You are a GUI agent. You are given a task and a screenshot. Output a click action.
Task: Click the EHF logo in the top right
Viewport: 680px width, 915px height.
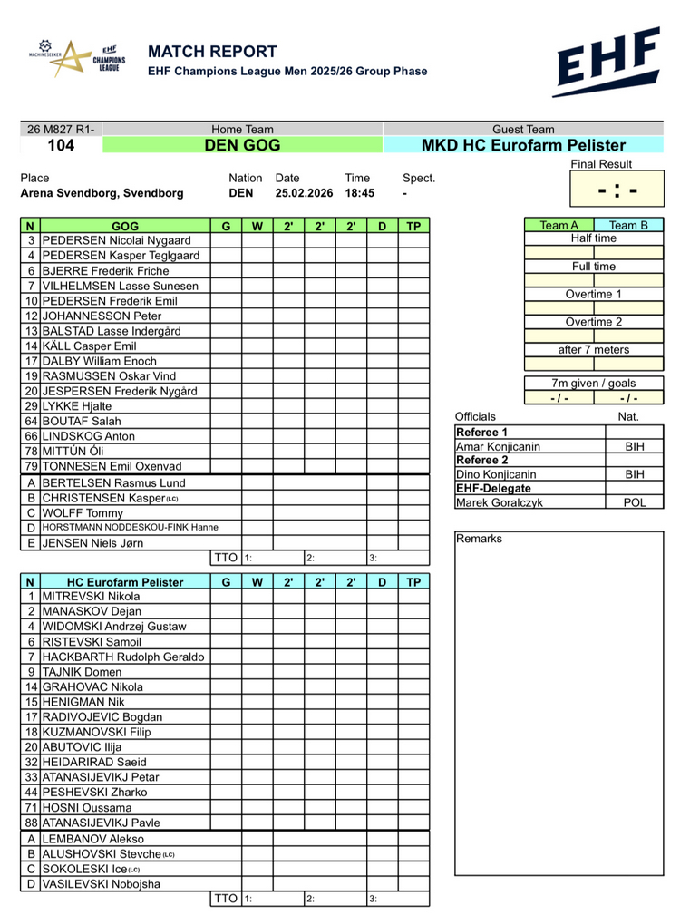coord(607,62)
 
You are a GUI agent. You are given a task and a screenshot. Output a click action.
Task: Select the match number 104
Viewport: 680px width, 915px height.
coord(61,145)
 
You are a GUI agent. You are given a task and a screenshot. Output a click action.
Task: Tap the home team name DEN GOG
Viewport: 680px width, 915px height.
coord(242,145)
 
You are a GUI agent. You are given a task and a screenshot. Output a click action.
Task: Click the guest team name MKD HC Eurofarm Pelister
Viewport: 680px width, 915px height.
coord(523,145)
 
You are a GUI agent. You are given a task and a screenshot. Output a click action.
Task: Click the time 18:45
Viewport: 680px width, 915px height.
coord(359,193)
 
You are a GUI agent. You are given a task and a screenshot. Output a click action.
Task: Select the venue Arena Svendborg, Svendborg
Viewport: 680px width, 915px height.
coord(102,193)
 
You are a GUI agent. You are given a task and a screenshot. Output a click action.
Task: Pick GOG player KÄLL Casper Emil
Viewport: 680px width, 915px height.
coord(89,346)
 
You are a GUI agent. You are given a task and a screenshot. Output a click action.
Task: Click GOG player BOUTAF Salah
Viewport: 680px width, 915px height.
coord(81,421)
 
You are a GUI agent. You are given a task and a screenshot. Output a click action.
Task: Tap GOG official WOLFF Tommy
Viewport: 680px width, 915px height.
coord(80,511)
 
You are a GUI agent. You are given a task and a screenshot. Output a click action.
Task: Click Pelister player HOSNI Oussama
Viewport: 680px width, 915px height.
coord(86,807)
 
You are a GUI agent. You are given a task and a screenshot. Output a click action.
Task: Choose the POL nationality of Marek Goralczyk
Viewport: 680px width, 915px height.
coord(635,502)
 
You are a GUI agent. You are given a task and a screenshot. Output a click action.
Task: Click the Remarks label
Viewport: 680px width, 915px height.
coord(479,539)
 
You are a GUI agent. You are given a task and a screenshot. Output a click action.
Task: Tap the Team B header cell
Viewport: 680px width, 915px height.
coord(628,226)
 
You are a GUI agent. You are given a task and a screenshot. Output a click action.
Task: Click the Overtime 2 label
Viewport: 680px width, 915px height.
coord(594,322)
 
